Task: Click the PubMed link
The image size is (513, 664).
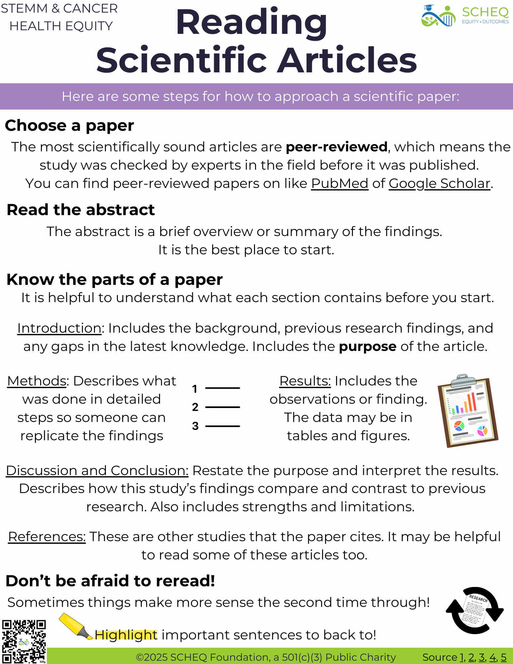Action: click(x=339, y=183)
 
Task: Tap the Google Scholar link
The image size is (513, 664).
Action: click(x=439, y=183)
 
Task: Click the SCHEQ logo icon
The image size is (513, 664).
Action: click(x=438, y=16)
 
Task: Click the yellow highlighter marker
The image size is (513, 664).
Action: click(x=76, y=626)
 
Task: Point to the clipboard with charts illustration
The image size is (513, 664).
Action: click(x=468, y=412)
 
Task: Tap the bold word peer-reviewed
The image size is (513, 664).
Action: click(x=337, y=147)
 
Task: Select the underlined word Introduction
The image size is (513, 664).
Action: click(x=59, y=328)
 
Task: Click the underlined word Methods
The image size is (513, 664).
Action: click(x=37, y=381)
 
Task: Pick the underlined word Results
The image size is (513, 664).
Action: click(x=305, y=381)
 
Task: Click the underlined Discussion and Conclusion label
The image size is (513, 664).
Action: click(x=97, y=470)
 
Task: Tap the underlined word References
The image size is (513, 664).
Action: click(x=47, y=537)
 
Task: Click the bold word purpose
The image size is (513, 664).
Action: click(x=368, y=346)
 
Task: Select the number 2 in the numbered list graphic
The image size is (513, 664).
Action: click(x=195, y=407)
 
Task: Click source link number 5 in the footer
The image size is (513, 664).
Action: click(x=504, y=657)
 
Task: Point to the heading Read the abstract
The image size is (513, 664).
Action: click(x=81, y=210)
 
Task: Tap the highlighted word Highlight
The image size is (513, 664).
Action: click(x=126, y=635)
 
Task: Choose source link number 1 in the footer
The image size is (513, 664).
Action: click(x=462, y=657)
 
